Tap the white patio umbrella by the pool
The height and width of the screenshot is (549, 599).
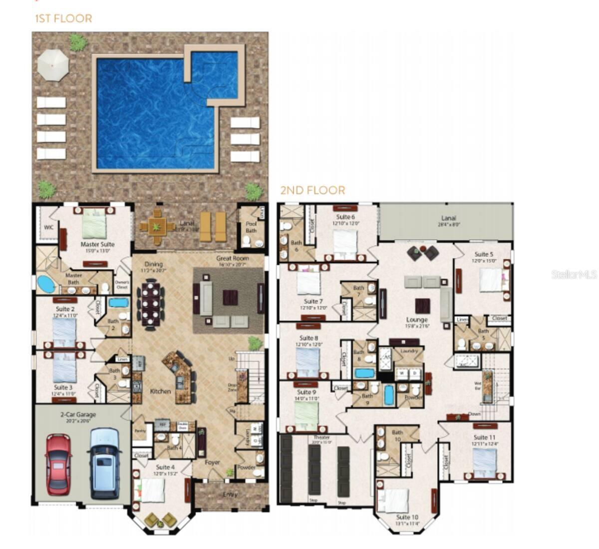pos(53,65)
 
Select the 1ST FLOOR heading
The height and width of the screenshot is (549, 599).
pos(63,19)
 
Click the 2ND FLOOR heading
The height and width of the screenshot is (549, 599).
pos(312,190)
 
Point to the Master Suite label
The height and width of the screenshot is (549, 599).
pos(97,244)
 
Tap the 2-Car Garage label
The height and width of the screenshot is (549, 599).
pos(78,414)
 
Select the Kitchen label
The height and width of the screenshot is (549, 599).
pos(161,391)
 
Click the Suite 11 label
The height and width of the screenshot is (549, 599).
pos(484,437)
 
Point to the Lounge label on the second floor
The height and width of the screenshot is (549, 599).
pos(416,320)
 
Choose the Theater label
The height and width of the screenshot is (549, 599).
pos(321,437)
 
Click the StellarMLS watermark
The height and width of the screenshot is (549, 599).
pos(574,274)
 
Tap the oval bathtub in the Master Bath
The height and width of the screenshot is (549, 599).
pos(46,284)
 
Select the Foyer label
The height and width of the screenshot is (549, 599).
pos(213,462)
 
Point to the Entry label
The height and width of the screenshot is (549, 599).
pos(230,495)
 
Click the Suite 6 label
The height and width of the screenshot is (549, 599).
pos(345,217)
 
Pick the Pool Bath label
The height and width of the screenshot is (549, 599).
pos(251,227)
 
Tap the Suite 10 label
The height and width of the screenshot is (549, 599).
pos(407,517)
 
